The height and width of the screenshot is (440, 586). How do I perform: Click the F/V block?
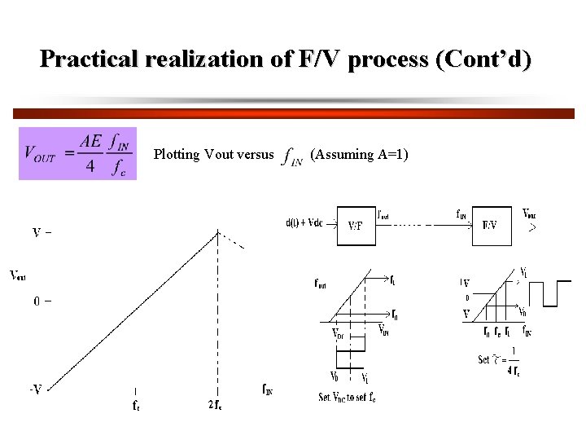pos(491,225)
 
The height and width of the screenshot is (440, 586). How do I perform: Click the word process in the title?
pos(389,59)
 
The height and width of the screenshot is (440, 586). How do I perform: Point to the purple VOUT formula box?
pos(77,153)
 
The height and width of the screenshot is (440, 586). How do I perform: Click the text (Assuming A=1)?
pos(359,154)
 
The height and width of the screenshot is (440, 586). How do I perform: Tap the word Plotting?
pos(177,154)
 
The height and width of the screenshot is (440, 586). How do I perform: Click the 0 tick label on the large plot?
pos(38,301)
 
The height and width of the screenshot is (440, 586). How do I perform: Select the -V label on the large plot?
pos(36,389)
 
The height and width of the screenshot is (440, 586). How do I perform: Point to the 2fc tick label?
pos(216,404)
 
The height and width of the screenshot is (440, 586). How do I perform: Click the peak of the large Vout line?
pos(218,231)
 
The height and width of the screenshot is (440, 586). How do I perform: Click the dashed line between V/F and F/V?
pos(423,225)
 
